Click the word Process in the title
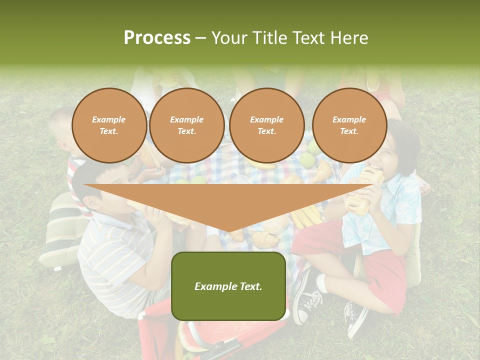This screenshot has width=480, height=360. pyautogui.click(x=157, y=37)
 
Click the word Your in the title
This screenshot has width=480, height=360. pyautogui.click(x=230, y=37)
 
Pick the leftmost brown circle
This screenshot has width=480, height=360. pyautogui.click(x=109, y=125)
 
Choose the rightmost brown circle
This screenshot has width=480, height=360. pyautogui.click(x=349, y=125)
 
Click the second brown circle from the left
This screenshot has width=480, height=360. pyautogui.click(x=187, y=125)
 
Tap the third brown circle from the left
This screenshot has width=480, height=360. pyautogui.click(x=267, y=125)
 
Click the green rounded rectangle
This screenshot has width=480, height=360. pyautogui.click(x=228, y=285)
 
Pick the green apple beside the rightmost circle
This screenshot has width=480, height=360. pyautogui.click(x=313, y=147)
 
